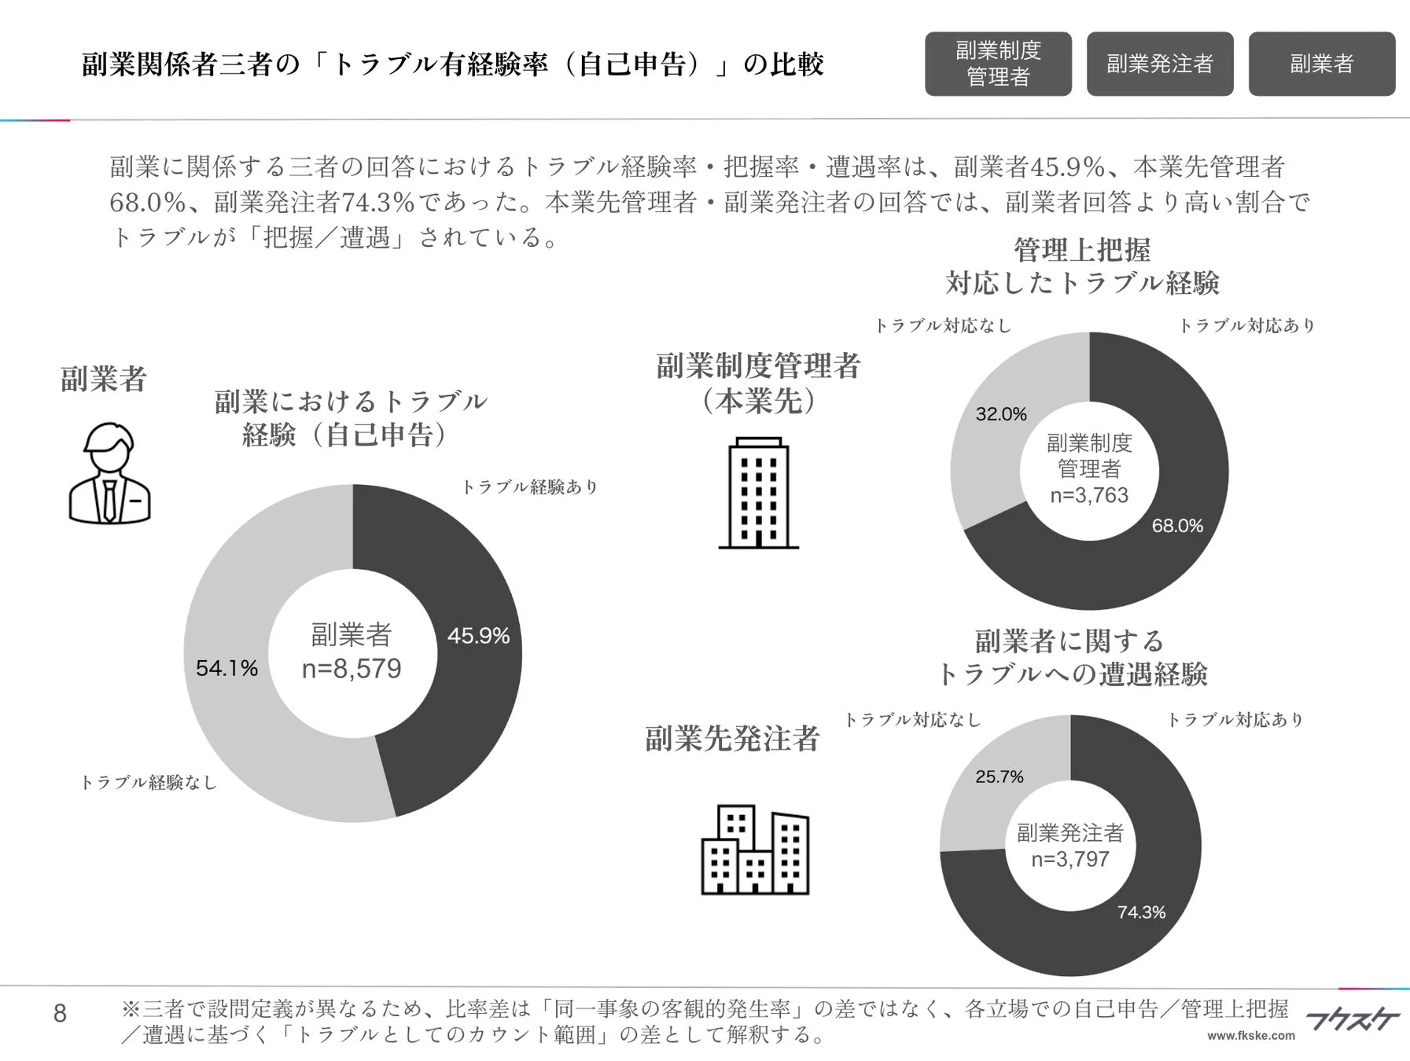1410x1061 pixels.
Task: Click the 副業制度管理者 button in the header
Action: (x=997, y=64)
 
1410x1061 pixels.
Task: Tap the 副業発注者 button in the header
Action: (x=1159, y=64)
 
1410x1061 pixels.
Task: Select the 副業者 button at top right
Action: (x=1321, y=64)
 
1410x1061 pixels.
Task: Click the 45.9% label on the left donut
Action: (x=478, y=635)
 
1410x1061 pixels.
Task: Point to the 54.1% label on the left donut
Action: (x=226, y=668)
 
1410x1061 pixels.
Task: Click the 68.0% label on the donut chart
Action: (x=1177, y=526)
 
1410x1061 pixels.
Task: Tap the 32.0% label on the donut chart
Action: (x=1001, y=414)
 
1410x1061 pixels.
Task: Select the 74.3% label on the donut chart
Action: (x=1141, y=912)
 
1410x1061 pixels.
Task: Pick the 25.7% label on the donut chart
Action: (x=1000, y=776)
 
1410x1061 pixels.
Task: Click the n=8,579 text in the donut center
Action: (x=352, y=669)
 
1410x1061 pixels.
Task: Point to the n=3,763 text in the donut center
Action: (x=1089, y=495)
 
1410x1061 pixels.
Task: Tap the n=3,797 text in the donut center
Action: (x=1070, y=859)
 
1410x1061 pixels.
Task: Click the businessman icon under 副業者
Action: (x=109, y=473)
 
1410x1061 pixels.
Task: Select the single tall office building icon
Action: (x=758, y=493)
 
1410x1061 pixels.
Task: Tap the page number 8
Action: (x=60, y=1014)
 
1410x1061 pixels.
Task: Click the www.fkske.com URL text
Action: (x=1250, y=1036)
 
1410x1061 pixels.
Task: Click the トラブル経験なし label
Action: (x=149, y=782)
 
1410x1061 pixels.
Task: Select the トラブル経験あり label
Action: (x=529, y=487)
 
